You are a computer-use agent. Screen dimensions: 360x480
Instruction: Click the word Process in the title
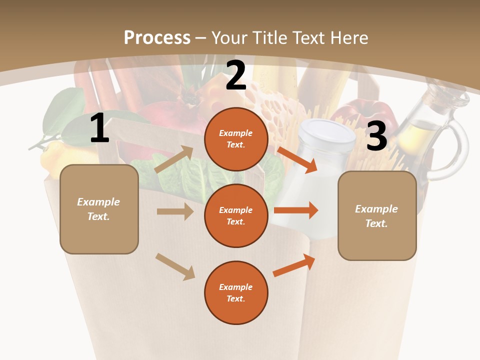click(x=157, y=37)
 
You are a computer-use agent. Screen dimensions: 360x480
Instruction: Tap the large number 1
click(x=99, y=128)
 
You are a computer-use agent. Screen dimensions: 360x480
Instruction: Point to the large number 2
click(x=236, y=75)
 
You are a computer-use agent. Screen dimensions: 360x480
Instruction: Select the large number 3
click(x=376, y=136)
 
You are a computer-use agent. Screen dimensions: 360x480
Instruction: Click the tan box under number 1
click(x=99, y=209)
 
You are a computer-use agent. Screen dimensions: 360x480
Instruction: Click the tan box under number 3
click(x=377, y=216)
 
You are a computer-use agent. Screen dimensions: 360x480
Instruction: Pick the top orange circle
click(x=236, y=139)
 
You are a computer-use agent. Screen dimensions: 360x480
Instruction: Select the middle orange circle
click(x=236, y=215)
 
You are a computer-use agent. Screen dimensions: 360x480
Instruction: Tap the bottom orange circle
click(x=236, y=292)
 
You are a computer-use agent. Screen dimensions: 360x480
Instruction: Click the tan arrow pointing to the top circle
click(x=174, y=159)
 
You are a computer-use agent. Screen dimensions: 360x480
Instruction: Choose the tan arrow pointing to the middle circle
click(x=175, y=211)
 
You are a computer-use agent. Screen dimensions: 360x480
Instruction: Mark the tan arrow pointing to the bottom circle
click(x=175, y=266)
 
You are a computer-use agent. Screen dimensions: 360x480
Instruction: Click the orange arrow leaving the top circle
click(x=297, y=159)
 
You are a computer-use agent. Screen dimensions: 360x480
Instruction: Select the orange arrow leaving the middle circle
click(x=296, y=210)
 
